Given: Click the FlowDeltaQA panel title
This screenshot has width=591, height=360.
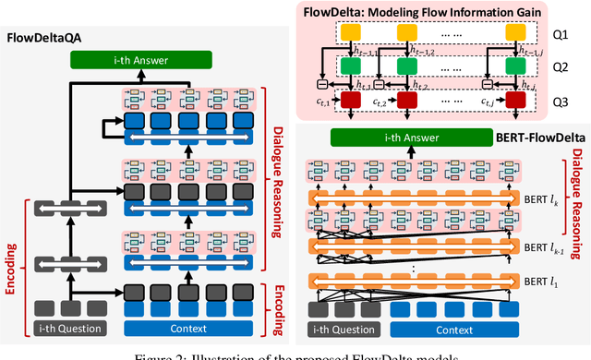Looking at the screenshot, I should click(x=49, y=41).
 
